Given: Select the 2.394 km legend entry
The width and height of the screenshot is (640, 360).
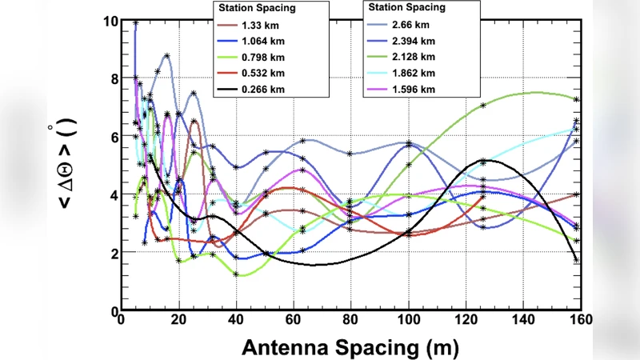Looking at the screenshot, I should point(417,42).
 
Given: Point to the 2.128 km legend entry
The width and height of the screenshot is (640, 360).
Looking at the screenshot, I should point(417,57).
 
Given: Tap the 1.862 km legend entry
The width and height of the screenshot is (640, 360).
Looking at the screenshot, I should point(417,71).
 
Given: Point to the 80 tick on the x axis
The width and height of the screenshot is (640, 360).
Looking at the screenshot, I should point(350,319).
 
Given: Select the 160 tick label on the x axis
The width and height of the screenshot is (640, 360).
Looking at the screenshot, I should point(580,319).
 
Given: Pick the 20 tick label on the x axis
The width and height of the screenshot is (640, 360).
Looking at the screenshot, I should point(178,319).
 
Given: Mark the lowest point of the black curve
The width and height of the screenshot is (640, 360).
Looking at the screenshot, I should point(314,265).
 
